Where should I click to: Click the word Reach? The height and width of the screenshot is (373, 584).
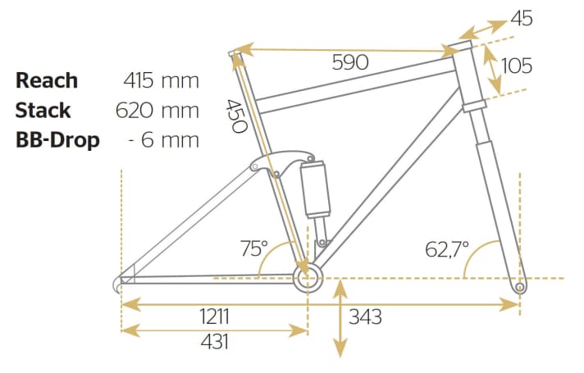[x=47, y=80]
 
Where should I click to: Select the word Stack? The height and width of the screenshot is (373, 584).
[x=43, y=110]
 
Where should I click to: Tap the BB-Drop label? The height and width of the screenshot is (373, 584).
[x=57, y=139]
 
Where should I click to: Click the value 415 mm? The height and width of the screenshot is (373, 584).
[x=161, y=80]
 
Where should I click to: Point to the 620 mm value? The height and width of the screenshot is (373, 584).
[x=161, y=110]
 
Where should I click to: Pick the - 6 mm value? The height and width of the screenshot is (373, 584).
[x=164, y=139]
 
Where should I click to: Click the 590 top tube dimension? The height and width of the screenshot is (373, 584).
[x=349, y=62]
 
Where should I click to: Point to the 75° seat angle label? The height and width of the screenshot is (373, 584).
[x=253, y=247]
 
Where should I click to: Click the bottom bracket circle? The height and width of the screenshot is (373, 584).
[x=307, y=278]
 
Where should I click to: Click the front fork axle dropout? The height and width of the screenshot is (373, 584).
[x=518, y=289]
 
